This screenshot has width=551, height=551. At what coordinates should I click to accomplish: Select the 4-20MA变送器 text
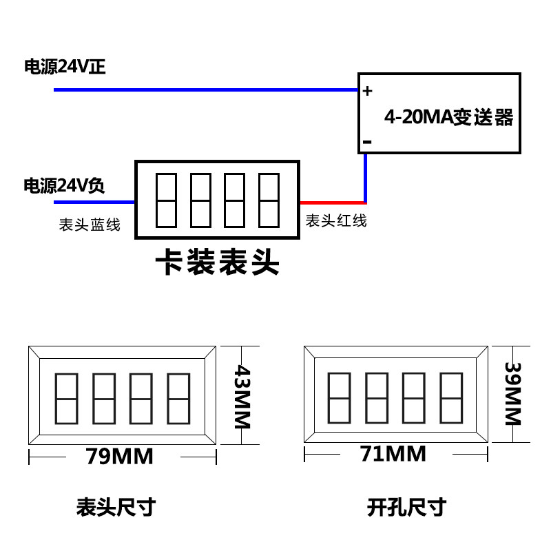click(448, 117)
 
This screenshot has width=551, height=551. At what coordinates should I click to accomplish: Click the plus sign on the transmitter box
click(367, 90)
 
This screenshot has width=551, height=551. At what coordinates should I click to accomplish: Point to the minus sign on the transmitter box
click(366, 142)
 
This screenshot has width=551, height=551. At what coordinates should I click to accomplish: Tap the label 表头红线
click(336, 220)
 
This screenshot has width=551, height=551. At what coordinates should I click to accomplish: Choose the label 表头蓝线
click(90, 225)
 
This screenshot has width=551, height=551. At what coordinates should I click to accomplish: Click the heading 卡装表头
click(217, 262)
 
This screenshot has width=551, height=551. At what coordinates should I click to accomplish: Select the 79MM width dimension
click(119, 456)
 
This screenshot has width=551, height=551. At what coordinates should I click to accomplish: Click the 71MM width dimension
click(393, 454)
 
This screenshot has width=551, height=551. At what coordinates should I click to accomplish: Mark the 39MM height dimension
click(513, 394)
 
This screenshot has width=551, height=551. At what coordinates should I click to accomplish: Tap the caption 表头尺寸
click(116, 508)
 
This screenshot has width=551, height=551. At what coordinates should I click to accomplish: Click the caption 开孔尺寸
click(406, 508)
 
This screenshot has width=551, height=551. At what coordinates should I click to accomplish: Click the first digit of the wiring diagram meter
click(167, 200)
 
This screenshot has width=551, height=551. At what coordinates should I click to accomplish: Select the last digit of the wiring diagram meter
click(269, 200)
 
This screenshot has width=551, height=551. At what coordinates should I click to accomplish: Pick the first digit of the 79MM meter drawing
click(65, 399)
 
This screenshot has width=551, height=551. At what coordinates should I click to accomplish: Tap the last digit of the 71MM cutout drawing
click(450, 397)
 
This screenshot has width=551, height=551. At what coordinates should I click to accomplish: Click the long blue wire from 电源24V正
click(207, 90)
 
